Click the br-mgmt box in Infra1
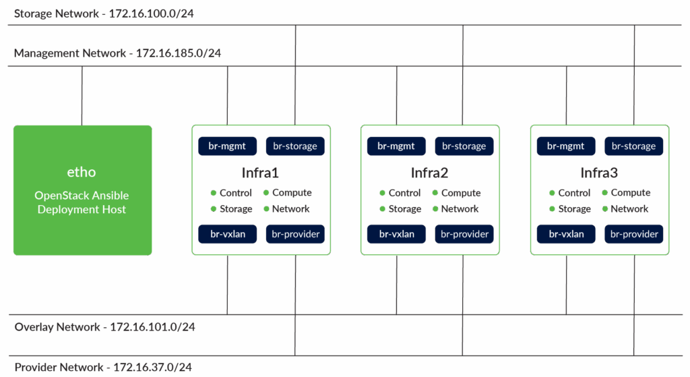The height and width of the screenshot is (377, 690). (x=227, y=146)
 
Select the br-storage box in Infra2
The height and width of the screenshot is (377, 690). (x=464, y=146)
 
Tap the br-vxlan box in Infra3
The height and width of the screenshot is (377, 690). (x=566, y=234)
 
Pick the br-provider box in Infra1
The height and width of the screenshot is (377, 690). (x=295, y=234)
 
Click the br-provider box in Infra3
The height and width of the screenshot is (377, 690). (x=634, y=234)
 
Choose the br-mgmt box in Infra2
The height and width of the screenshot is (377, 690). (x=396, y=146)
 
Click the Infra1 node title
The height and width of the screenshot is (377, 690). (x=260, y=173)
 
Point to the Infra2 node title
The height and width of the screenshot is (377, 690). (x=430, y=173)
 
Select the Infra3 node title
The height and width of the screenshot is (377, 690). (x=599, y=173)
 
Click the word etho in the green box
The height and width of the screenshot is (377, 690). (x=82, y=172)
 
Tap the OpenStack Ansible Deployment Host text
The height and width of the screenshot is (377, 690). (x=82, y=202)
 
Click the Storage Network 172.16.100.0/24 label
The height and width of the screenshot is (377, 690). (x=104, y=13)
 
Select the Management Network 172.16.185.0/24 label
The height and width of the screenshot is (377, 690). (x=117, y=53)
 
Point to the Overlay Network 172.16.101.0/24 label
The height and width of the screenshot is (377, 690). (x=105, y=327)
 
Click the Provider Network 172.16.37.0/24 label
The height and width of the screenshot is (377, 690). (x=103, y=368)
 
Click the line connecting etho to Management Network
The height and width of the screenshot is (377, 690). (x=82, y=95)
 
